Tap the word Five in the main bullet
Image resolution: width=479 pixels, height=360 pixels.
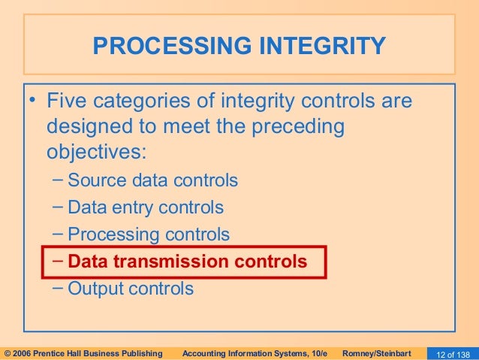point(70,101)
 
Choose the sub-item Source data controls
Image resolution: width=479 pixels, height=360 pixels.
point(152,180)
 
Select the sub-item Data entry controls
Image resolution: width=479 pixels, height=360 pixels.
point(146,207)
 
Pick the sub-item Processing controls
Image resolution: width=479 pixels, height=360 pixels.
point(149,234)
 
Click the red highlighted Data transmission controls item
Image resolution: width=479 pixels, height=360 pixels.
point(187,262)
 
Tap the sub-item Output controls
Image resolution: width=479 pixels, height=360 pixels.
point(131,289)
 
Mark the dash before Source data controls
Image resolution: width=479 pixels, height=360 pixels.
point(59,180)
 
